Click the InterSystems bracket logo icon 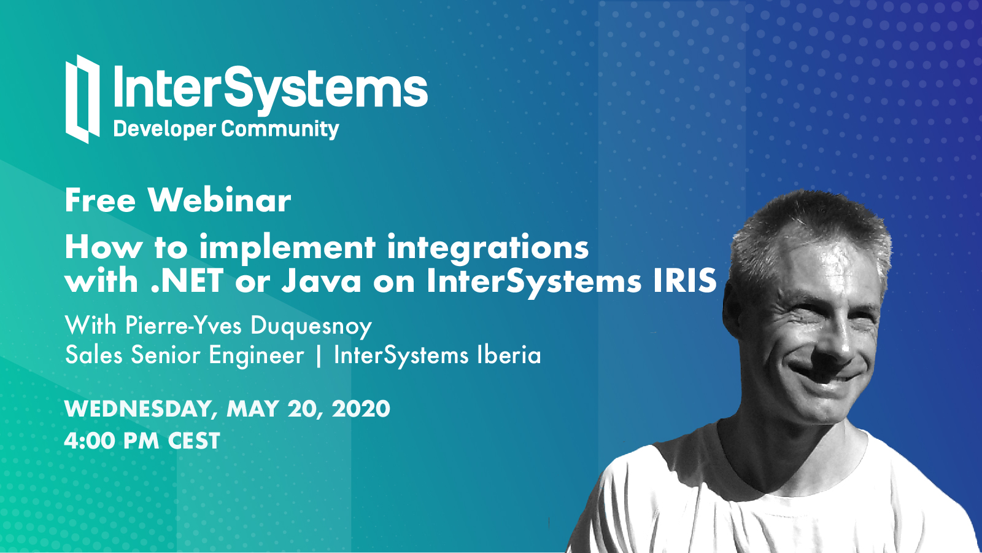tap(82, 99)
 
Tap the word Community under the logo tap(280, 130)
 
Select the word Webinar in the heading tap(220, 200)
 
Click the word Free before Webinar tap(101, 200)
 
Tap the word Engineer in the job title tap(257, 356)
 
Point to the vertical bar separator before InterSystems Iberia tap(319, 356)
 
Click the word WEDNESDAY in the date tap(137, 409)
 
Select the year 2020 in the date tap(361, 409)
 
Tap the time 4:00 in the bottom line tap(90, 441)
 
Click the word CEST tap(194, 441)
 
